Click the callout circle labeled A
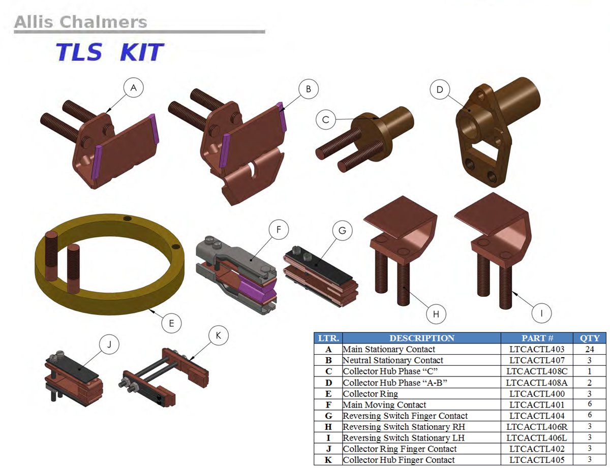pyautogui.click(x=134, y=88)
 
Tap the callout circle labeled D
pyautogui.click(x=440, y=89)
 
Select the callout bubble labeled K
pyautogui.click(x=219, y=335)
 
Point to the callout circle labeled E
pyautogui.click(x=171, y=323)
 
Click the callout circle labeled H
pyautogui.click(x=436, y=314)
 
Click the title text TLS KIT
pyautogui.click(x=109, y=52)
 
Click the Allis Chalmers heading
pyautogui.click(x=80, y=22)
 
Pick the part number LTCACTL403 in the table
pyautogui.click(x=537, y=349)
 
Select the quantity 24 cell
pyautogui.click(x=590, y=349)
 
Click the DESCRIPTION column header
pyautogui.click(x=421, y=338)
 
